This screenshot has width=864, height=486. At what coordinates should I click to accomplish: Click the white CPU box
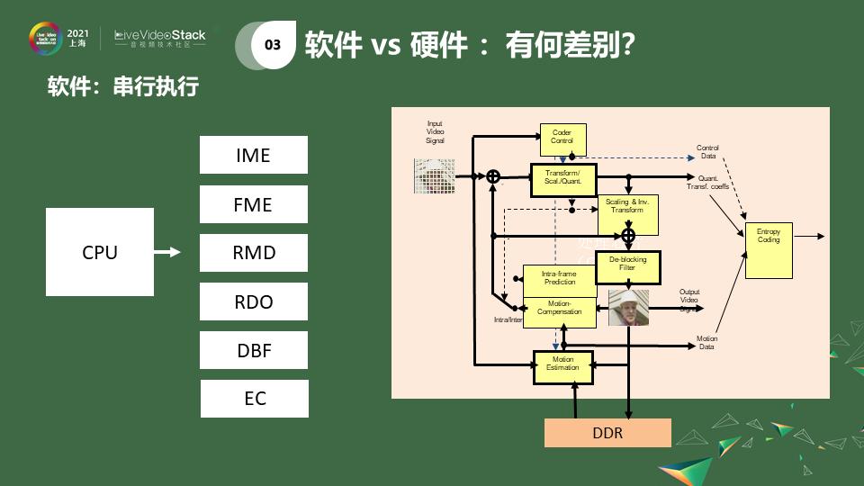(100, 252)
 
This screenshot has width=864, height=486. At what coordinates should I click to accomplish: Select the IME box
(253, 155)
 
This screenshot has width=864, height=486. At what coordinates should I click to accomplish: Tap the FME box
(253, 204)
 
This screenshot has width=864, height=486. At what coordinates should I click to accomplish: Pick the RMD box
(253, 253)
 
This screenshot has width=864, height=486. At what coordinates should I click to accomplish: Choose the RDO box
(253, 301)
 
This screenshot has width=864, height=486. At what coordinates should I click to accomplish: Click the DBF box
(253, 350)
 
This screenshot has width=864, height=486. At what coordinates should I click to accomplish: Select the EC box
(254, 399)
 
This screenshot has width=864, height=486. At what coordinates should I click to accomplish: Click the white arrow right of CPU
(167, 253)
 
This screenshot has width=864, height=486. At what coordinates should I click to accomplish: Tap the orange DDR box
(607, 433)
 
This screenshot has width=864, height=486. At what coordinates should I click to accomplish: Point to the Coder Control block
(562, 137)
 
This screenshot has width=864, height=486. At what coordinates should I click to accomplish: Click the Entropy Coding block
(769, 250)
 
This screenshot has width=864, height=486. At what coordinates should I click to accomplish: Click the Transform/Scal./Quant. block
(563, 177)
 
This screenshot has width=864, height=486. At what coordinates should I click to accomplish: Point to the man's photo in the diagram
(627, 307)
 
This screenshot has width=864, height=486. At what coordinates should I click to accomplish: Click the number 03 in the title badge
(273, 45)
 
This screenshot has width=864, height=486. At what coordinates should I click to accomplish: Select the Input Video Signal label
(435, 132)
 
